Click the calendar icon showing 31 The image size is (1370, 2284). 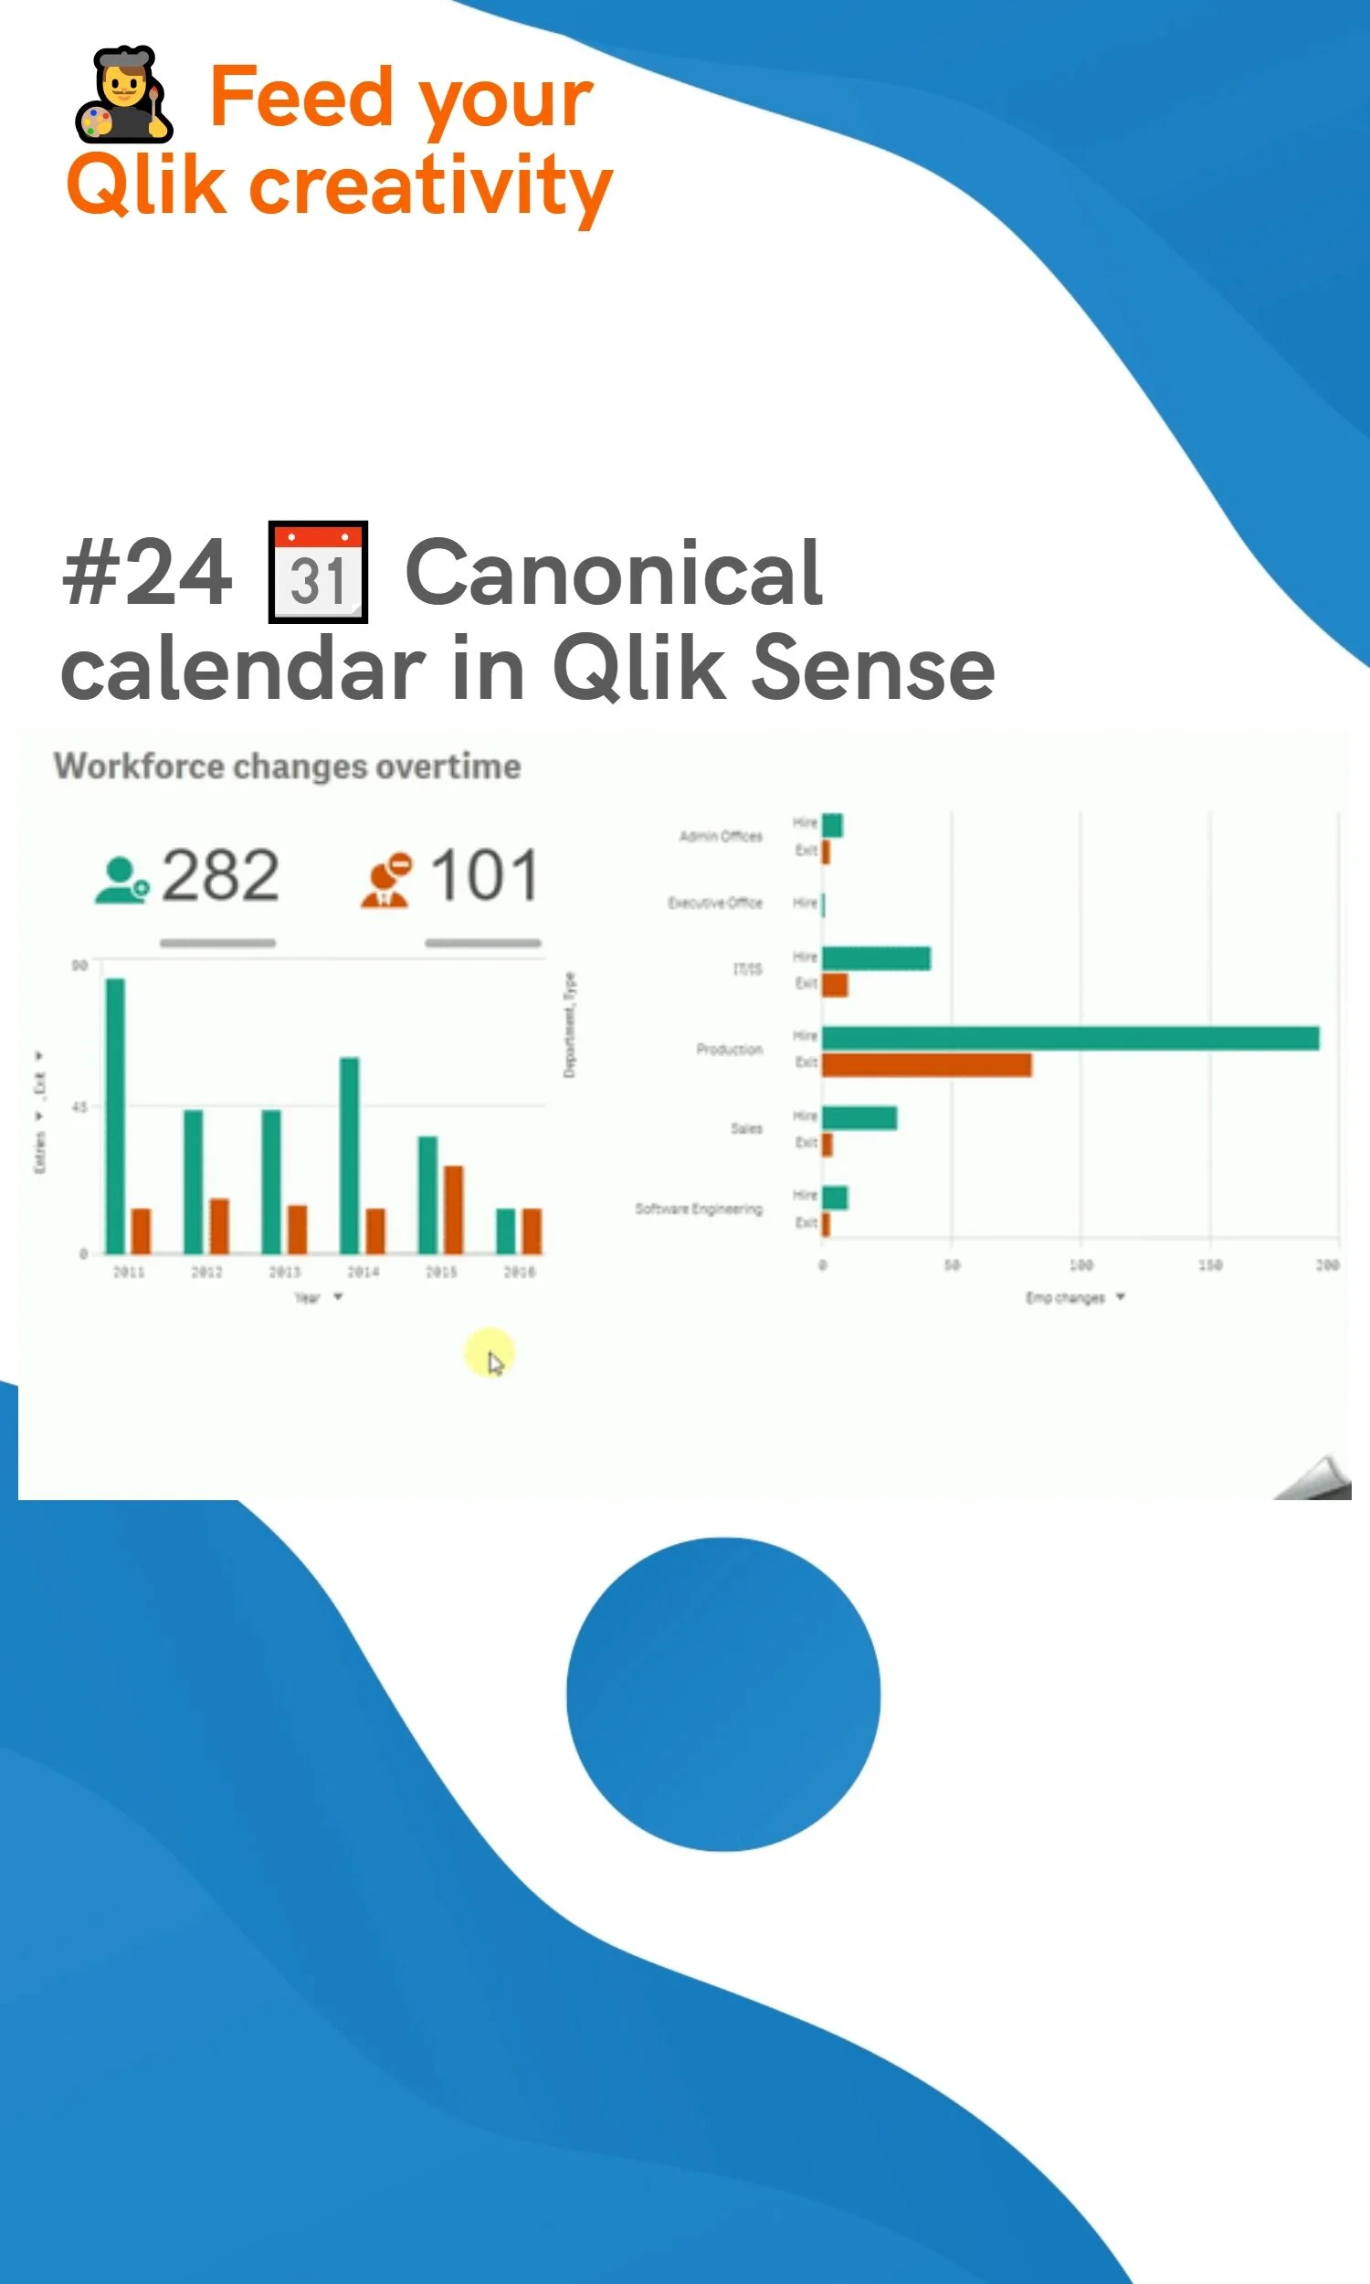(x=318, y=573)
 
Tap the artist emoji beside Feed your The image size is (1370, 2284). (x=123, y=95)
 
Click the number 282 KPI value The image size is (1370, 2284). (x=220, y=875)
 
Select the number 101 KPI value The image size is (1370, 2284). (x=485, y=875)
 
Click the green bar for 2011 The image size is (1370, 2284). (x=115, y=1116)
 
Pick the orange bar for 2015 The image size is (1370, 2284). (x=453, y=1210)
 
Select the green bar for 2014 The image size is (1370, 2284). (x=350, y=1154)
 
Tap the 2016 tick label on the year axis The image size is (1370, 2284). (x=519, y=1272)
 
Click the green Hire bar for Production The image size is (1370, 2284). (x=1070, y=1039)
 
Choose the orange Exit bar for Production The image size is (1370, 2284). (x=927, y=1065)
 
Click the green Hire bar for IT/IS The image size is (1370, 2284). (x=876, y=958)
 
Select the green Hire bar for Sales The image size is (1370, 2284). (x=859, y=1118)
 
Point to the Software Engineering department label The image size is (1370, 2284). (x=699, y=1209)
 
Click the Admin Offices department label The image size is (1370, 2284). (x=721, y=837)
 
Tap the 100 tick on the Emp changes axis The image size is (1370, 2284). (x=1081, y=1264)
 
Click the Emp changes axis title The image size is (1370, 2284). (x=1065, y=1298)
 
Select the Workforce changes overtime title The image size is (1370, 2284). (x=287, y=767)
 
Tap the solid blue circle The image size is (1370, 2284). (x=722, y=1694)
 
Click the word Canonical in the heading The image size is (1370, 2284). (x=614, y=574)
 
